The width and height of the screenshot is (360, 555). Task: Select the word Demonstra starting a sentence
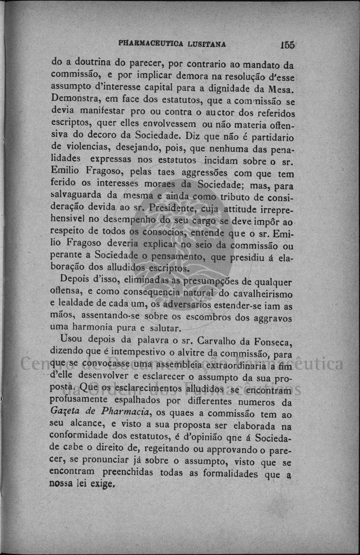point(75,101)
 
